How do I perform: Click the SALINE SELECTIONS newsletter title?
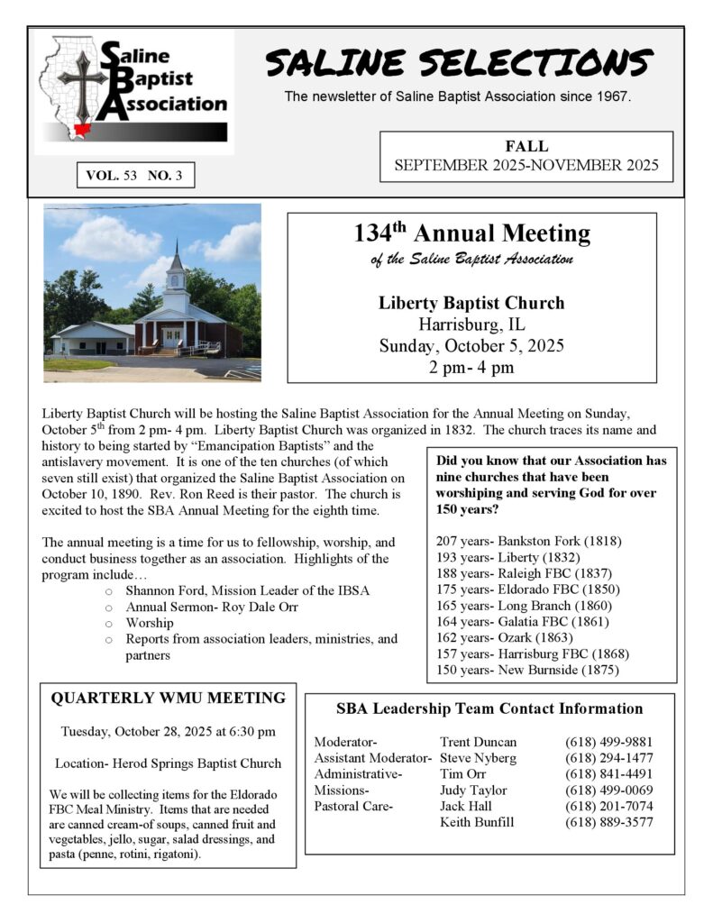pyautogui.click(x=458, y=64)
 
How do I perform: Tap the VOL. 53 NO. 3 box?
pyautogui.click(x=134, y=176)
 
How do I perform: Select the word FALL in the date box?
pyautogui.click(x=526, y=147)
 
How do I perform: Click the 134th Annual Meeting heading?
pyautogui.click(x=471, y=234)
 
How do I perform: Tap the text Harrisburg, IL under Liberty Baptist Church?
pyautogui.click(x=471, y=324)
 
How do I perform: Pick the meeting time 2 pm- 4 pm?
pyautogui.click(x=471, y=367)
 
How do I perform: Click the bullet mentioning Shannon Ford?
pyautogui.click(x=248, y=590)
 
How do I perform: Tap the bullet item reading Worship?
pyautogui.click(x=150, y=623)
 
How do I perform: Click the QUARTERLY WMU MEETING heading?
pyautogui.click(x=169, y=698)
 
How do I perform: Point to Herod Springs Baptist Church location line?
pyautogui.click(x=169, y=763)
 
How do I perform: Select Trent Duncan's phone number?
pyautogui.click(x=609, y=742)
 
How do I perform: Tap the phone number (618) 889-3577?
pyautogui.click(x=609, y=822)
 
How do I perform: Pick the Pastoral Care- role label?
pyautogui.click(x=353, y=806)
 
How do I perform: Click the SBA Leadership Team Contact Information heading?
pyautogui.click(x=489, y=708)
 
